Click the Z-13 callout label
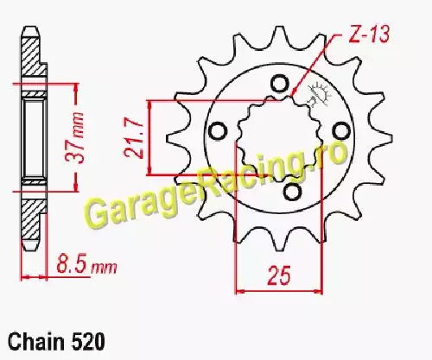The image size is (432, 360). click(x=369, y=35)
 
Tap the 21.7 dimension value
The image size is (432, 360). click(x=134, y=138)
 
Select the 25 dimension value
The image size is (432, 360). click(x=279, y=275)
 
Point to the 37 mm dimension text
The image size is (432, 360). click(x=75, y=137)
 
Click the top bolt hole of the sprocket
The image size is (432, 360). click(x=279, y=83)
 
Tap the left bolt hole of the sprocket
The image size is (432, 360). click(x=217, y=131)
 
